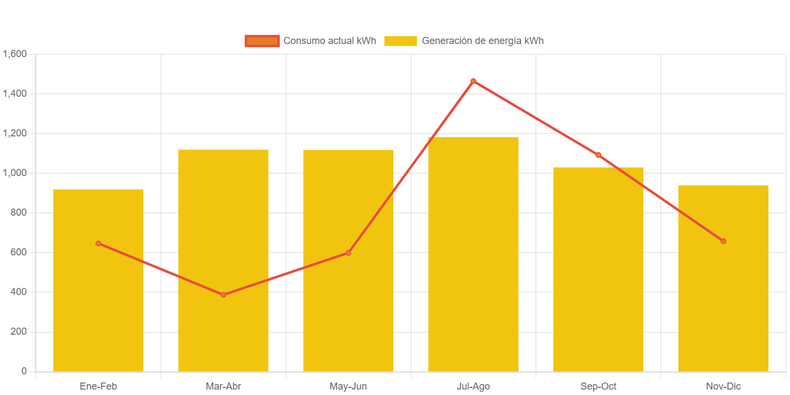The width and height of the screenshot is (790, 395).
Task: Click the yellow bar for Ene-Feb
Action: pyautogui.click(x=98, y=304)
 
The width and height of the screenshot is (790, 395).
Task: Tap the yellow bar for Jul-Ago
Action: pyautogui.click(x=473, y=255)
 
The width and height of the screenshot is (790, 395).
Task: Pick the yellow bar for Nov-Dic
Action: pyautogui.click(x=723, y=304)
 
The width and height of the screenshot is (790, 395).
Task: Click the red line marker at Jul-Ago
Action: pyautogui.click(x=473, y=81)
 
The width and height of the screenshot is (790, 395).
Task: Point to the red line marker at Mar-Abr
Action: pyautogui.click(x=223, y=294)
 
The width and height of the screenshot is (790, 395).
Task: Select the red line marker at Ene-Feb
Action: pyautogui.click(x=98, y=243)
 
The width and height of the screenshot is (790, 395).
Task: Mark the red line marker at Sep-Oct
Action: pyautogui.click(x=598, y=155)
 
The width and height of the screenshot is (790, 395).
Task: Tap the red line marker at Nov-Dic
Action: pyautogui.click(x=723, y=241)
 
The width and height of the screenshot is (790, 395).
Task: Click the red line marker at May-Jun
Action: pyautogui.click(x=348, y=253)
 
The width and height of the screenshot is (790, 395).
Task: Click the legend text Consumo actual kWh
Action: pyautogui.click(x=329, y=41)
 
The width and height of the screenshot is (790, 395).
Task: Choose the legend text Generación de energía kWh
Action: pyautogui.click(x=482, y=41)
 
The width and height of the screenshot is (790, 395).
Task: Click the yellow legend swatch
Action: pyautogui.click(x=400, y=41)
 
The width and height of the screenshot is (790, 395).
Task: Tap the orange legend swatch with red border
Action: pyautogui.click(x=262, y=41)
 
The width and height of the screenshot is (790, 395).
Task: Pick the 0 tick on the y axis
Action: pyautogui.click(x=23, y=371)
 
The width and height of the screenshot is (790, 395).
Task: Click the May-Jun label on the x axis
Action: pyautogui.click(x=348, y=386)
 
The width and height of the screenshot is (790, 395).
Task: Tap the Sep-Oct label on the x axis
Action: pyautogui.click(x=598, y=386)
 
